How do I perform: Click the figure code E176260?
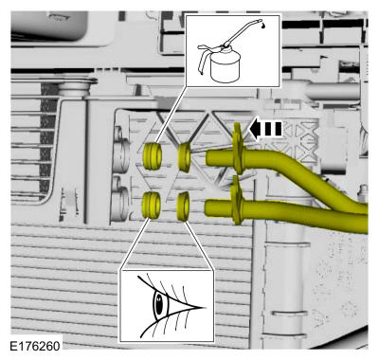35,346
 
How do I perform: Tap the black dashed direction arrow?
265,129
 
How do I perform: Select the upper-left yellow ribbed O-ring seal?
153,155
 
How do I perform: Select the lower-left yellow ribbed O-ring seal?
152,205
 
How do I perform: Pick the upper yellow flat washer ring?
184,157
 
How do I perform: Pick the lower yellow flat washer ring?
183,207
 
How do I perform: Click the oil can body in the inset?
226,67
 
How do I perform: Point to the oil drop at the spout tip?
263,27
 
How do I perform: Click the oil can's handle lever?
206,57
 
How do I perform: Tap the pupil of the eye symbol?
160,305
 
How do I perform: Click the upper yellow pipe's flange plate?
239,149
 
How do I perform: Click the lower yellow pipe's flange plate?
237,200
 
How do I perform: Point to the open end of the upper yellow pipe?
208,158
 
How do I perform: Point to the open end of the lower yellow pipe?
208,208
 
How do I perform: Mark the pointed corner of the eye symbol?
205,307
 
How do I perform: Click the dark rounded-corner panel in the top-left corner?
49,26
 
